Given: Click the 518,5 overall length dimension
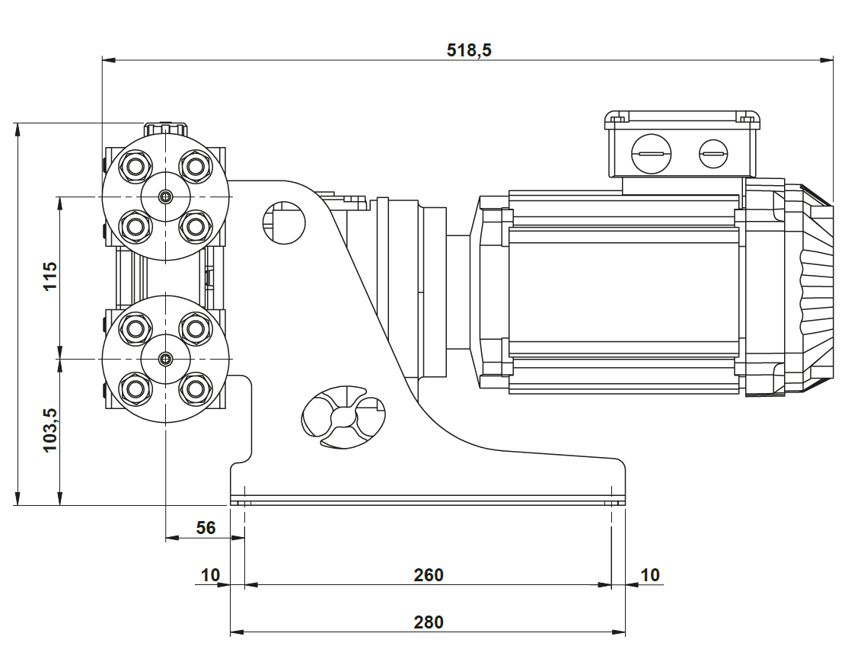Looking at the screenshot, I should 469,50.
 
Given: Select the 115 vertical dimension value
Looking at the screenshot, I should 49,277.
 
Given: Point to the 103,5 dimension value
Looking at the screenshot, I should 49,430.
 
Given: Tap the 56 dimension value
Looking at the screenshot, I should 206,527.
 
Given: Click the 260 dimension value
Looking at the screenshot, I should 429,574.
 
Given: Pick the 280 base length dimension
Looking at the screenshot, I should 429,622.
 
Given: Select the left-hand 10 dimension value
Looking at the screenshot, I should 210,574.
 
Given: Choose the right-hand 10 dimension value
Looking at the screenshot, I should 649,574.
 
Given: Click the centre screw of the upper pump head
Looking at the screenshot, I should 166,197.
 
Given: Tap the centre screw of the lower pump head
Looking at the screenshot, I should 166,359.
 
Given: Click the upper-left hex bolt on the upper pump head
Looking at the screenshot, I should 135,165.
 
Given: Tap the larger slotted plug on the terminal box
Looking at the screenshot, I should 652,155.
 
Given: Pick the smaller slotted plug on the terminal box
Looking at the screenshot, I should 713,155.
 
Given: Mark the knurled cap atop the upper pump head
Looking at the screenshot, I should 166,127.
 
